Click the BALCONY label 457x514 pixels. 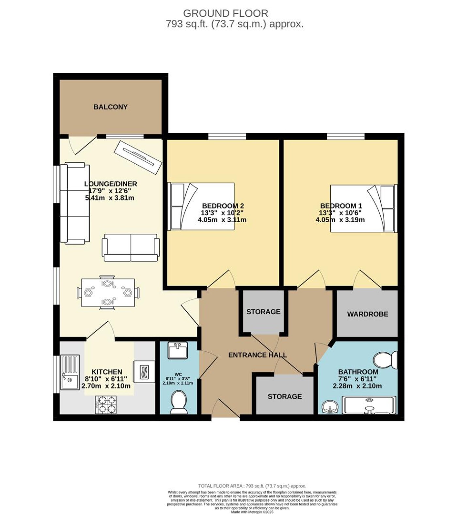point(110,107)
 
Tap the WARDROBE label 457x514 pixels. point(368,314)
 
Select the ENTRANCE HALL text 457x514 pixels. point(258,355)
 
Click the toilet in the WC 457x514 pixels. point(179,403)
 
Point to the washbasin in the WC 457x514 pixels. point(177,350)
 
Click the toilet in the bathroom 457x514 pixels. point(386,360)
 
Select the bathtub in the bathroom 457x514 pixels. point(369,405)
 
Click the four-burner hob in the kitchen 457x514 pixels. point(106,404)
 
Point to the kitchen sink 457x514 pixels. point(70,373)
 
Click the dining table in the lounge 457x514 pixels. point(108,292)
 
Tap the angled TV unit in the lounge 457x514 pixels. point(138,157)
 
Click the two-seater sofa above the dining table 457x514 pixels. point(131,247)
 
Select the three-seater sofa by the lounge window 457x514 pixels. point(75,203)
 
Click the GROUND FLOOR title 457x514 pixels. point(226,13)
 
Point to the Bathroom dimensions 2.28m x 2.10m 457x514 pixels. point(357,386)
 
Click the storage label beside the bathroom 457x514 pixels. point(285,397)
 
